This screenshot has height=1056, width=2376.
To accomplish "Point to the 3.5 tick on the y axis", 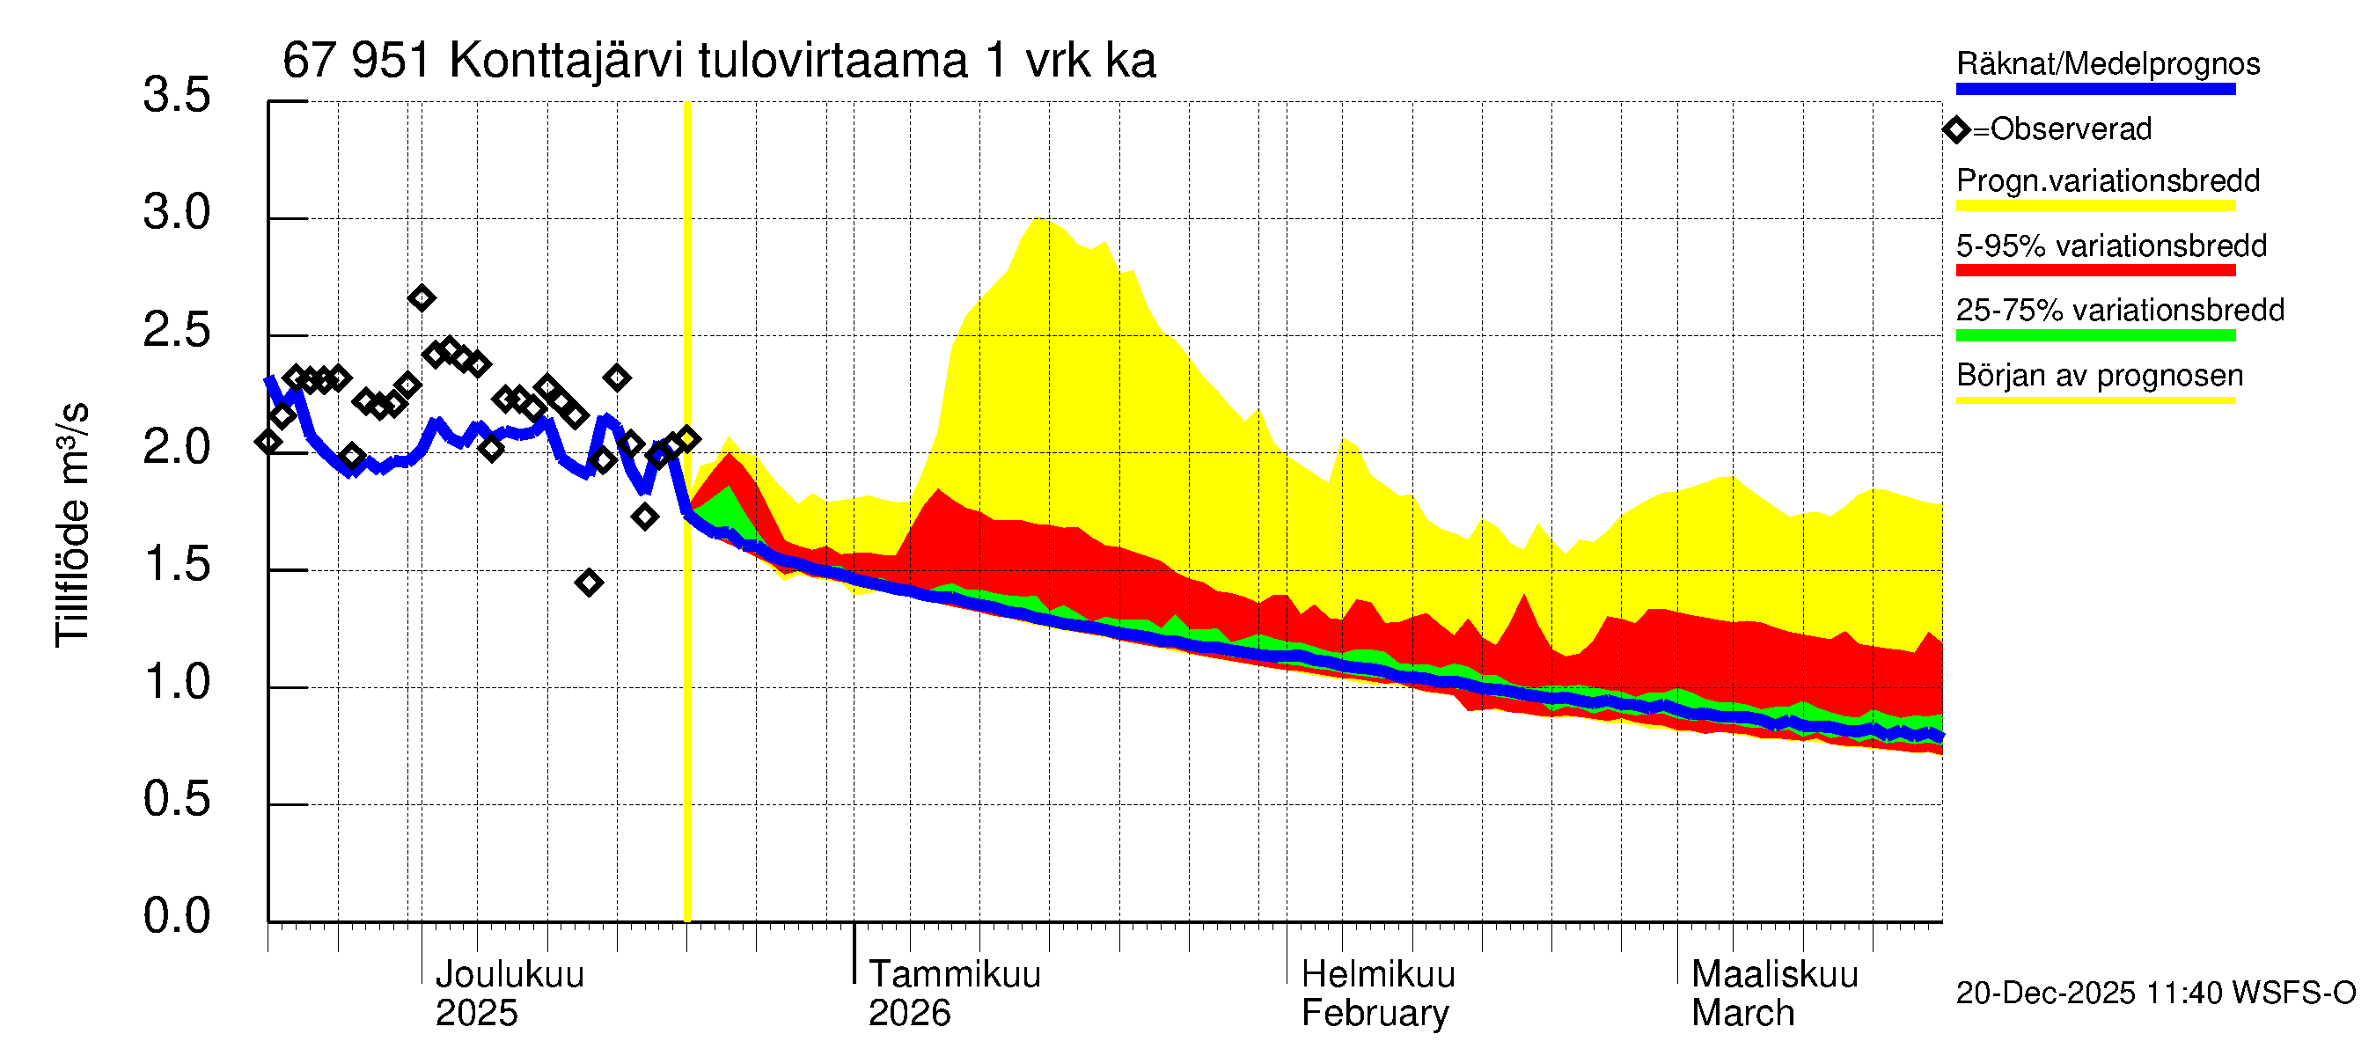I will pos(176,95).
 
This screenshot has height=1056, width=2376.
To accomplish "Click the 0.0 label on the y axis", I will pos(176,916).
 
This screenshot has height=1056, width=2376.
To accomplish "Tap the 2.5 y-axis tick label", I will pos(176,330).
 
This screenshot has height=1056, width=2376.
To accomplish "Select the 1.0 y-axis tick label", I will pos(176,683).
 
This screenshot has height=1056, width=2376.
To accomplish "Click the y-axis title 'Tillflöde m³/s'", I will pos(72,524).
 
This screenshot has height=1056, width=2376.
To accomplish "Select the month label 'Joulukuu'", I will pos(510,974).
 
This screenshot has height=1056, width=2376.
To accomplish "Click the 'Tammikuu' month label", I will pos(954,974).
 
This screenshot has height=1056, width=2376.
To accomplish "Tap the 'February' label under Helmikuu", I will pos(1375,1013).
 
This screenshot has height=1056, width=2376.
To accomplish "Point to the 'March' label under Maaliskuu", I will pos(1742,1013).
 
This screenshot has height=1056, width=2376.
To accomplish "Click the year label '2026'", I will pos(908,1013).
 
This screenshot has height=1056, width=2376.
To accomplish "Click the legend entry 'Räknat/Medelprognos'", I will pos(2108,63).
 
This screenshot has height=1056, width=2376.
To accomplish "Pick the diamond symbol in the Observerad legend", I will pos(1956,129).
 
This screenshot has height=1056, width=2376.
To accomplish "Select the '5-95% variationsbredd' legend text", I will pos(2110,246).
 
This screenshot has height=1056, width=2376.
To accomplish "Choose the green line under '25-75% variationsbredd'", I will pos(2094,335).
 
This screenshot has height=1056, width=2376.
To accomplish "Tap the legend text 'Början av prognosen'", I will pos(2100,376).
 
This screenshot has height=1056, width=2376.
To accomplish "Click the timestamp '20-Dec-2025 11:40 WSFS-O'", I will pos(2155,993).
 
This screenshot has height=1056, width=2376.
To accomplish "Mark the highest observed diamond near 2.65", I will pos(422,298).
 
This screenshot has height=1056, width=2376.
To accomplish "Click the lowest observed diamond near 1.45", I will pos(590,582).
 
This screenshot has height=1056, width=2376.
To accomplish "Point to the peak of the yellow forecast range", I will pos(1038,217).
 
